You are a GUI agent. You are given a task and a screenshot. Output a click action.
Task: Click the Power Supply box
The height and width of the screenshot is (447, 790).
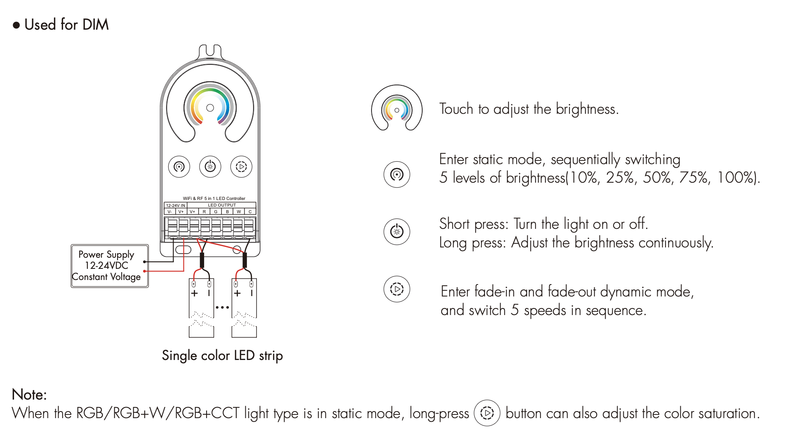point(109,266)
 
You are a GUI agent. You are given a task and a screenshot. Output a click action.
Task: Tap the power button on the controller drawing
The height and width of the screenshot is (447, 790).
point(210,167)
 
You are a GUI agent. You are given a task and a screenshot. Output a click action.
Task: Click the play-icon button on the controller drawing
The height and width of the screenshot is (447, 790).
point(241,167)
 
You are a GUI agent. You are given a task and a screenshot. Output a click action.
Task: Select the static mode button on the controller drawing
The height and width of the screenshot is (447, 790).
point(179,167)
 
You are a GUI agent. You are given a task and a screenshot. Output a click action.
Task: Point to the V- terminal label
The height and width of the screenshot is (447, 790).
point(169,212)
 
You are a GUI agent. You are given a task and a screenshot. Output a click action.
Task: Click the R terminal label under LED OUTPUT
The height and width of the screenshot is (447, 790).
point(204,212)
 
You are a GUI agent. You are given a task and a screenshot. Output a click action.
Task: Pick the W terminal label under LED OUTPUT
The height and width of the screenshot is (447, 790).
point(239,212)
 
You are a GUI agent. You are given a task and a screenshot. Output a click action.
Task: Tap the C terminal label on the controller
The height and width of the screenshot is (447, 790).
point(250,212)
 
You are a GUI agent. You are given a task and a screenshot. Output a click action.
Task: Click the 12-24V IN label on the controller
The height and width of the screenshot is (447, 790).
point(176,205)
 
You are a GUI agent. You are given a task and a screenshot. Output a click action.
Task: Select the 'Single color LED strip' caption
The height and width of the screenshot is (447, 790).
point(222,355)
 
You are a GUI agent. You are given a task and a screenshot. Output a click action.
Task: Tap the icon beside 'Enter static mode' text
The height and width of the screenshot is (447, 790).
point(397,174)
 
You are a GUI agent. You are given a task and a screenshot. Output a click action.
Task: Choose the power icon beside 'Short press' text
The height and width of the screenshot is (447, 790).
point(397,232)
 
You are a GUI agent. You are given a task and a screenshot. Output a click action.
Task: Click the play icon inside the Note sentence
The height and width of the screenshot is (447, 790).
point(487,413)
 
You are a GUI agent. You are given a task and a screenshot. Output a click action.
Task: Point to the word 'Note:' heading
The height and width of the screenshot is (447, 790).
point(29,395)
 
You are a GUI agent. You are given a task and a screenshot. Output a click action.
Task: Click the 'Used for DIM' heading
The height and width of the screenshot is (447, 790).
point(66,25)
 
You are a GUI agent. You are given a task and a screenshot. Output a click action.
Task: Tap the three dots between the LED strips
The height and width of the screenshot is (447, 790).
point(222,307)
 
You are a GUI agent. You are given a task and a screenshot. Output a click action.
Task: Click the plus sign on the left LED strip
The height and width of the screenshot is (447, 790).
point(195,293)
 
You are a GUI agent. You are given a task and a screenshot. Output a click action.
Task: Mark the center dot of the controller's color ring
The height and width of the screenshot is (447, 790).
point(210,108)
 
